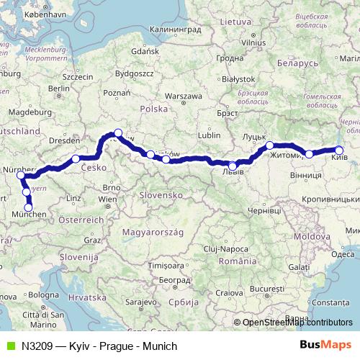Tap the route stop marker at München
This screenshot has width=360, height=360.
pos(29,208)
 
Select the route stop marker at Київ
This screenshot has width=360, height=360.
pos(338,150)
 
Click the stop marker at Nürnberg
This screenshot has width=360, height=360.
pos(20,175)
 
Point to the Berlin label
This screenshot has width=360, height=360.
pos(59,89)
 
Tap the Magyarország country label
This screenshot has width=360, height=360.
pos(154,233)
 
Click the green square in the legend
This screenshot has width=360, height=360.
pos(9,346)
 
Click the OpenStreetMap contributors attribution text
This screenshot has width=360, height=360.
pos(297,323)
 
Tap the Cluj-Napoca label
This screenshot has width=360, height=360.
pos(217,248)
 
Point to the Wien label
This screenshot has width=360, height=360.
pos(107,199)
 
